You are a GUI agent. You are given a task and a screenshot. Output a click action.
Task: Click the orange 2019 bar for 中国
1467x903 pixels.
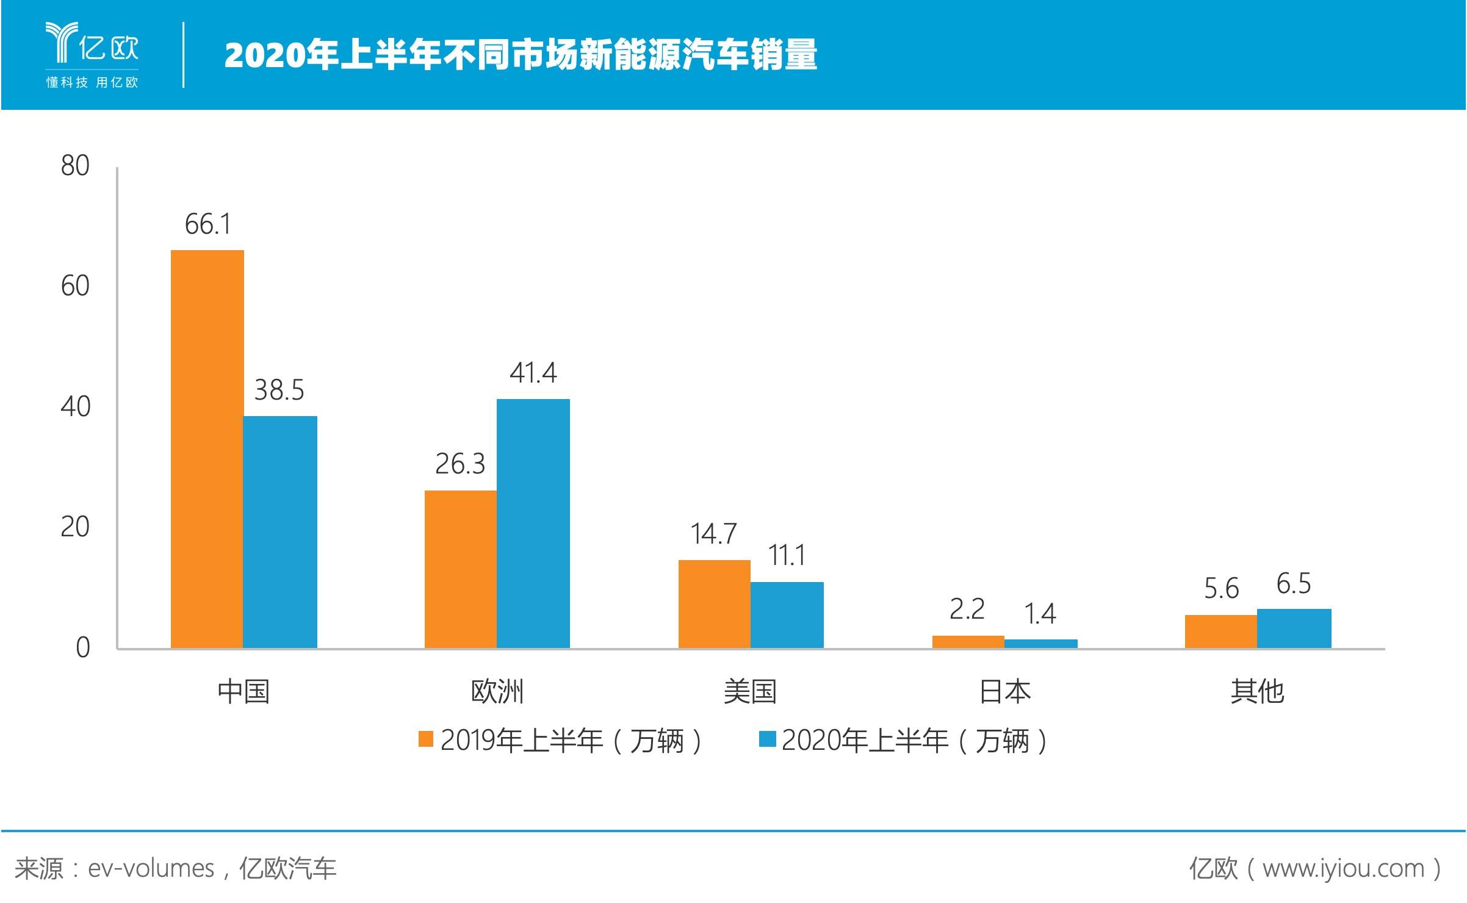pos(207,448)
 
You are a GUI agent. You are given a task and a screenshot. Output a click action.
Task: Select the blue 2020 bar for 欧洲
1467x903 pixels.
pos(533,523)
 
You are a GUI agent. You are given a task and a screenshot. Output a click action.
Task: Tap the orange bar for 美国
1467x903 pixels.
pos(714,603)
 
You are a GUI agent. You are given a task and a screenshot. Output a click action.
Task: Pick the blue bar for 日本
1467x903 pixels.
pos(1040,644)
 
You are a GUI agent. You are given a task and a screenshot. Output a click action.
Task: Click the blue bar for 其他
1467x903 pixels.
pos(1294,628)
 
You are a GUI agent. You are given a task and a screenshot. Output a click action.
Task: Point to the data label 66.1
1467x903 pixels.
pos(207,225)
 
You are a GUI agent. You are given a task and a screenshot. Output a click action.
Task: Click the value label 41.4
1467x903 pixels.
pos(533,373)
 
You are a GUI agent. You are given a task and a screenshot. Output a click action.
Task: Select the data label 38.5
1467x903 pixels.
pos(279,390)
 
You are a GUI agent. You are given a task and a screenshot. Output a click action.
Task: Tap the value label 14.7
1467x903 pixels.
pos(713,534)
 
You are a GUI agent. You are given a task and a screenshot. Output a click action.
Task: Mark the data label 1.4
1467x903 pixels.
pos(1040,614)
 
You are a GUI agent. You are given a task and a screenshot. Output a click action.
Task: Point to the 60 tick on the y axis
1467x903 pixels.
pos(75,286)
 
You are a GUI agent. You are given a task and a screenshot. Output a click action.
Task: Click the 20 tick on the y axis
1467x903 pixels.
pos(75,527)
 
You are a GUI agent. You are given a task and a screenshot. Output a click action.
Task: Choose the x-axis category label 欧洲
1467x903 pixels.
pos(497,692)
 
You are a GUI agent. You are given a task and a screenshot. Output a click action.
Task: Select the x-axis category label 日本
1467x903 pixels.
pos(1004,692)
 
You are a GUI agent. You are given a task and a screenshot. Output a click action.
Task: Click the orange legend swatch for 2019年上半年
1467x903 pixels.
pos(425,739)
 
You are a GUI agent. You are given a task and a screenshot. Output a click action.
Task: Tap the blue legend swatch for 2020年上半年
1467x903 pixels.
pos(767,739)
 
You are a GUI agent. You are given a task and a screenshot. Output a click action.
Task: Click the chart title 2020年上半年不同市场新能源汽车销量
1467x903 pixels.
pos(521,55)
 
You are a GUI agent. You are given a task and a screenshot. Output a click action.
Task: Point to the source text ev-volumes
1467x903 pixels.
pos(151,868)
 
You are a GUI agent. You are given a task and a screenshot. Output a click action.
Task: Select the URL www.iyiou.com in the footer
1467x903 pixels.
pos(1343,868)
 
